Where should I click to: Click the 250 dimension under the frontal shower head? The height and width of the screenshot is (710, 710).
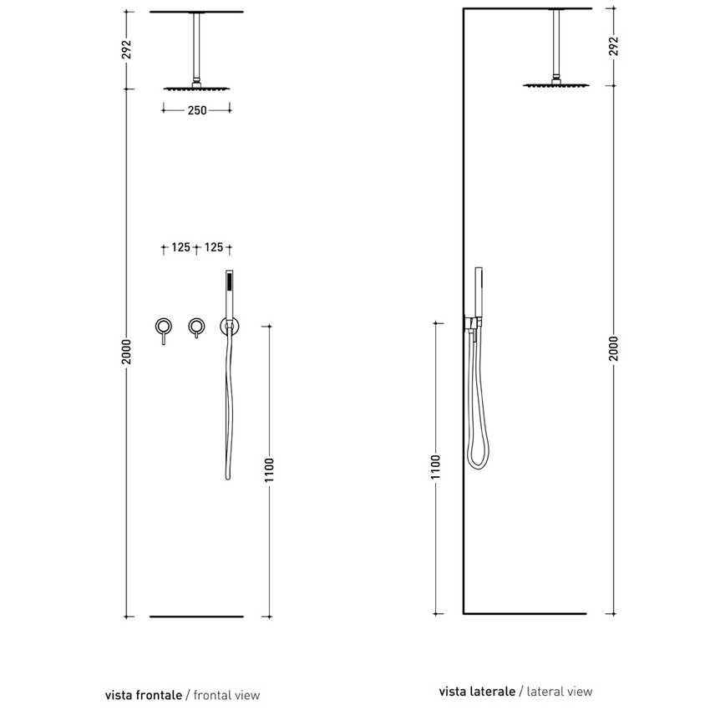click(x=197, y=109)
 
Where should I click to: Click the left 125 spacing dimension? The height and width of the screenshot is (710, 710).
click(x=180, y=247)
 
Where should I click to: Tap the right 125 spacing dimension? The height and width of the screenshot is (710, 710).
click(x=214, y=247)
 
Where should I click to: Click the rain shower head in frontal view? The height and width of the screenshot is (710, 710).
click(x=197, y=89)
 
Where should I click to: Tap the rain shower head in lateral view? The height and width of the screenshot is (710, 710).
click(x=555, y=84)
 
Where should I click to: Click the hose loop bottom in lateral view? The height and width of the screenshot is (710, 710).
click(x=477, y=465)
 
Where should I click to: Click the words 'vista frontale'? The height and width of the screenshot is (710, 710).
click(x=144, y=694)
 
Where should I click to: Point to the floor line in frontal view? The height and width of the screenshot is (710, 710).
click(x=197, y=616)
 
